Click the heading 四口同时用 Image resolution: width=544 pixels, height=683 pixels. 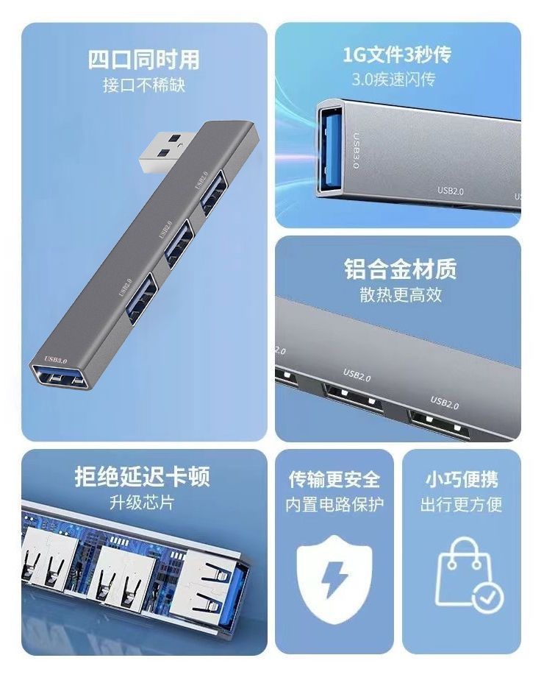coord(143,59)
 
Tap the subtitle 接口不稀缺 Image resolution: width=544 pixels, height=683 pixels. coord(143,85)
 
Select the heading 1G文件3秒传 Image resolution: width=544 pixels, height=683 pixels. coord(397,54)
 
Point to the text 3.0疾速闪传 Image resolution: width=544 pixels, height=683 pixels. coord(397,79)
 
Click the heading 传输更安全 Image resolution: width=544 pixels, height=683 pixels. coord(334,480)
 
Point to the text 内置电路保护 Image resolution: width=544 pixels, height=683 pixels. coord(334,505)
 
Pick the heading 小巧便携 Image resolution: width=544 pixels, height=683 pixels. coord(461,480)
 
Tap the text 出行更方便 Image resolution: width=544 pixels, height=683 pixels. coord(461,505)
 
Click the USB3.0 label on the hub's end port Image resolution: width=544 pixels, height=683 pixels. coord(56,360)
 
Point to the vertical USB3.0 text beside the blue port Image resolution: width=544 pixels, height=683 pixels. coord(356,152)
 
